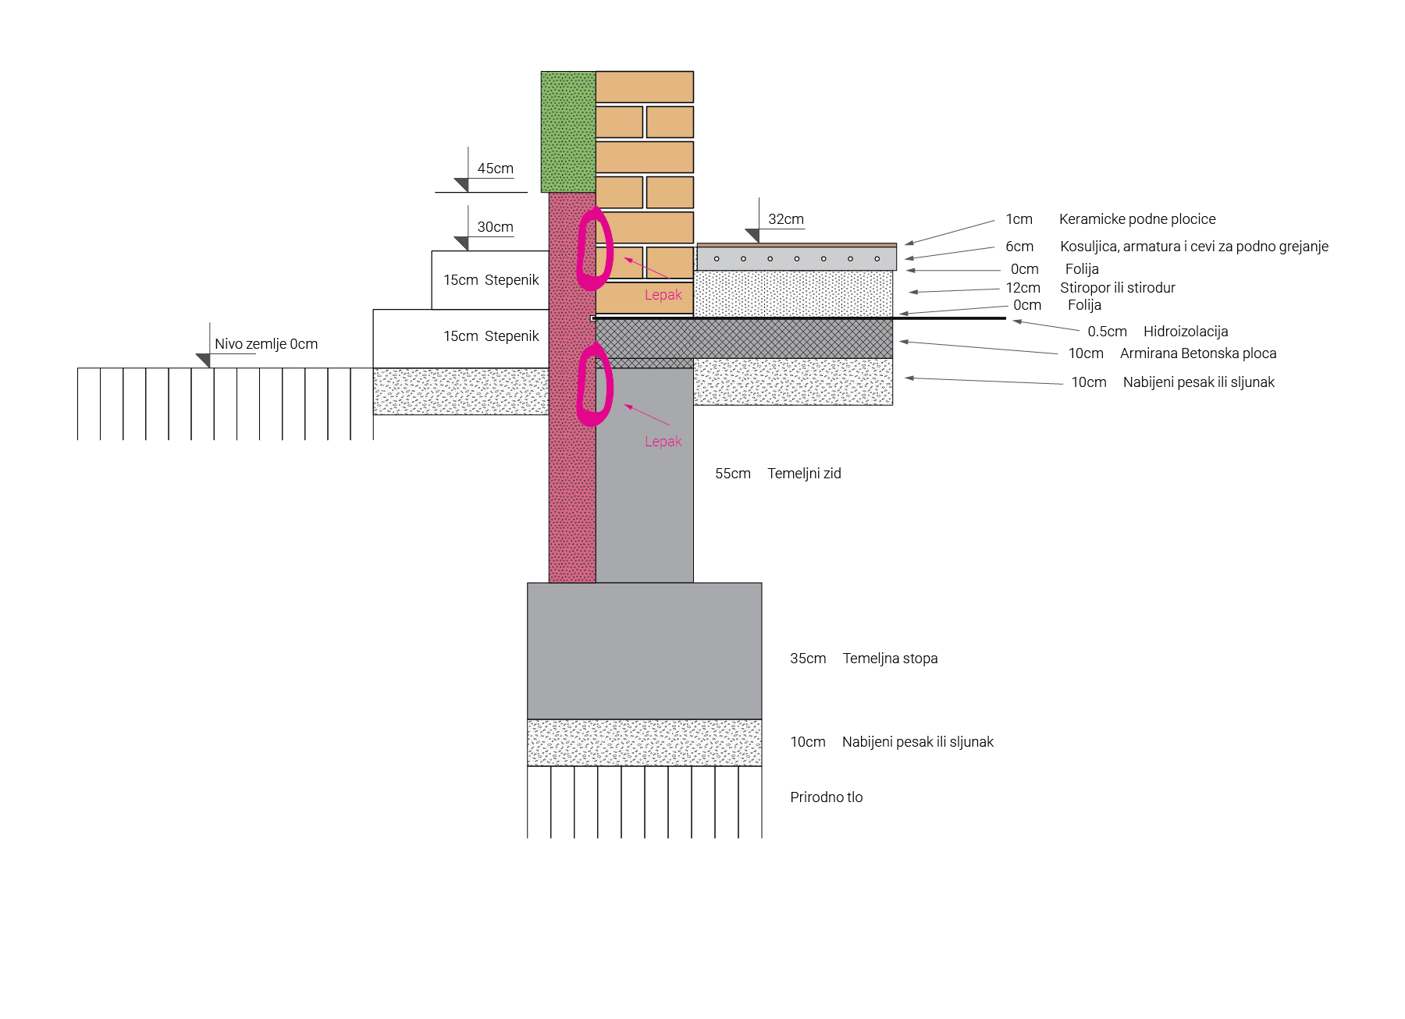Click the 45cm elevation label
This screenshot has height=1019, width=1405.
(x=495, y=169)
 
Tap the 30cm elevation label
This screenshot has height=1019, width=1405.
(x=495, y=227)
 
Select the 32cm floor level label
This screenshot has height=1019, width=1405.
(x=785, y=219)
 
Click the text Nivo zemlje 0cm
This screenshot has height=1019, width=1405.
(x=266, y=344)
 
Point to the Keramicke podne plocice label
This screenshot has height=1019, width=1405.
(x=1136, y=219)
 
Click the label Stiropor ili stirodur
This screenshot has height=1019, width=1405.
(x=1117, y=288)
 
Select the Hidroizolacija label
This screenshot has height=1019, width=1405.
(x=1185, y=332)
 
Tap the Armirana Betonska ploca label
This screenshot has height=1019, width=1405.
(x=1197, y=353)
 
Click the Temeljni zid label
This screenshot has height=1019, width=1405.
(x=804, y=474)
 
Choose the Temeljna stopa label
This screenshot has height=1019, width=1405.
(x=890, y=659)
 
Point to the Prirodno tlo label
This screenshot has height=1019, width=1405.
(x=826, y=797)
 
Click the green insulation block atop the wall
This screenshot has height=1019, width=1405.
(x=568, y=131)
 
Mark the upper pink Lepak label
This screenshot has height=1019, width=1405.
(x=663, y=295)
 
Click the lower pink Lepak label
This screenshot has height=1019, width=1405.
(x=663, y=442)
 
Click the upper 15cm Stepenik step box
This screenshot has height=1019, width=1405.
(x=490, y=280)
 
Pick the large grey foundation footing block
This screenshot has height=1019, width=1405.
(x=644, y=651)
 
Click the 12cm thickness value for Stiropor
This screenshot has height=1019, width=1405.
(x=1023, y=288)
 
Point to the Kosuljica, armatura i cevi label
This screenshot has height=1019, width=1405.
(x=1193, y=247)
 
